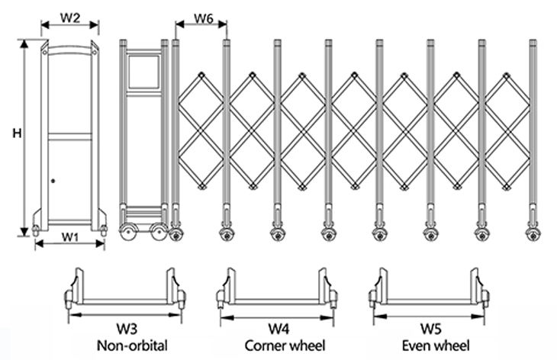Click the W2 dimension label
click(x=70, y=18)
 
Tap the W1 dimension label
click(x=70, y=236)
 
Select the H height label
click(x=16, y=133)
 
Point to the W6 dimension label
click(x=202, y=18)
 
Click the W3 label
click(x=127, y=329)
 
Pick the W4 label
click(x=279, y=329)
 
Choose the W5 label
click(x=431, y=329)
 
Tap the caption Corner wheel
click(x=279, y=346)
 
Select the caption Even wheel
click(x=431, y=346)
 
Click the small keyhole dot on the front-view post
click(x=53, y=181)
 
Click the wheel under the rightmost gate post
click(x=531, y=234)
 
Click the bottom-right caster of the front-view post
click(x=102, y=229)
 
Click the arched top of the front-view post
click(x=69, y=49)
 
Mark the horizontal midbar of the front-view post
click(x=69, y=137)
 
